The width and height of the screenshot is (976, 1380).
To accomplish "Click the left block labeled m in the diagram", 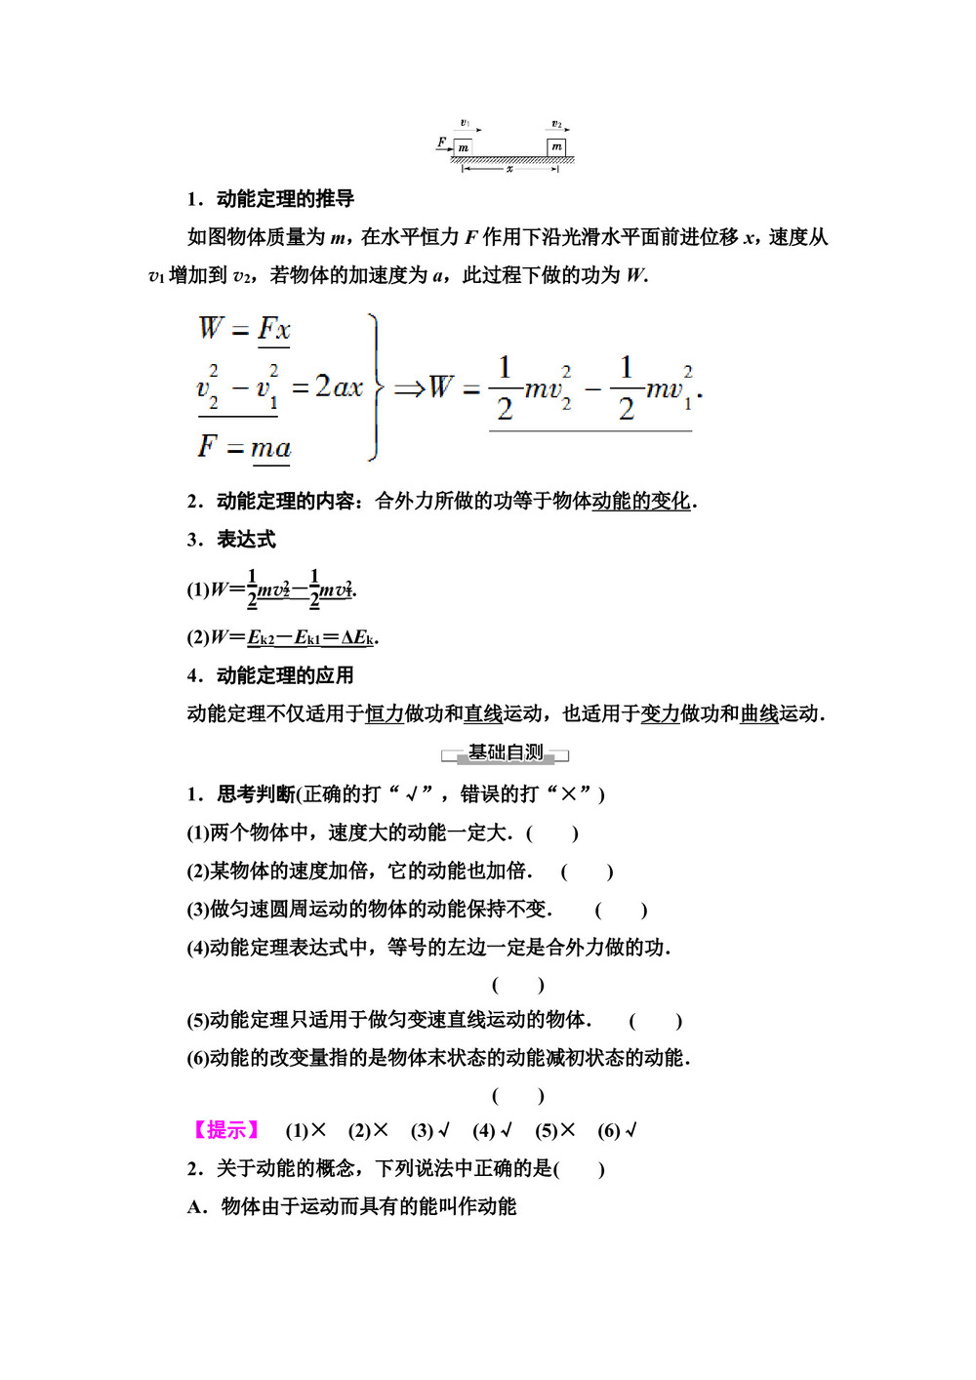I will click(463, 147).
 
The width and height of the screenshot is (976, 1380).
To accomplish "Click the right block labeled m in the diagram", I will click(556, 146).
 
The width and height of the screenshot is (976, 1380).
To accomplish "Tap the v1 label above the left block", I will click(466, 124).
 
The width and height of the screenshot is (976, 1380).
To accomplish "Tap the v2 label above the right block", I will click(556, 124).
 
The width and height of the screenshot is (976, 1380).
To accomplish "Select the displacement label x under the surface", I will click(509, 169).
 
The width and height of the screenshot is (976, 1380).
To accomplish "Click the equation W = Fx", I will click(245, 329).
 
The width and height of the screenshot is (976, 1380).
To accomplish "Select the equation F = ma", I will click(245, 447).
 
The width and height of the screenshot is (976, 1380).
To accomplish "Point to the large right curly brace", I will click(375, 387).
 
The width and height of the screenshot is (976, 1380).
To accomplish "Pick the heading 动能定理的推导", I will click(285, 199).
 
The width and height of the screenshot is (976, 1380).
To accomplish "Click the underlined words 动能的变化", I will click(641, 502).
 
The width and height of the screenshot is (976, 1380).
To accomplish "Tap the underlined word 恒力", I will click(385, 714).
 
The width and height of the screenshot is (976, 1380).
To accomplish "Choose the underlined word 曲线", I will click(759, 714).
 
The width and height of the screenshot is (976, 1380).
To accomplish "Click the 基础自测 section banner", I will click(506, 753).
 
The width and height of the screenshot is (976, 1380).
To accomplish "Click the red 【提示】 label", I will click(226, 1130).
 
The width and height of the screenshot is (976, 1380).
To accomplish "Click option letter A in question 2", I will click(196, 1207).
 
